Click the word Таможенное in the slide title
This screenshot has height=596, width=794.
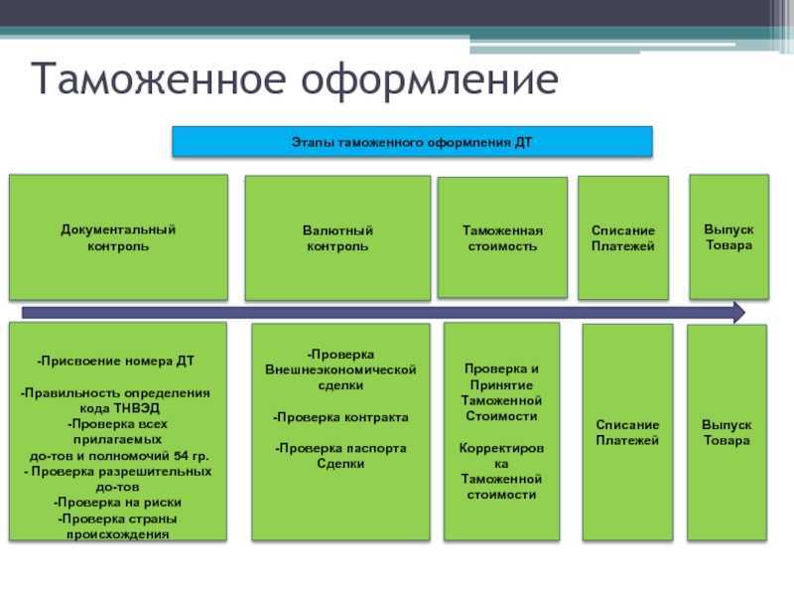pos(158,78)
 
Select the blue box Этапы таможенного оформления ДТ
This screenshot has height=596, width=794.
pos(412,142)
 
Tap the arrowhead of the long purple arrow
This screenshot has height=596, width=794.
pos(739,312)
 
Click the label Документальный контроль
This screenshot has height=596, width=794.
pos(118,237)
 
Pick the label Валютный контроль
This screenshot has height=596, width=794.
pos(337,238)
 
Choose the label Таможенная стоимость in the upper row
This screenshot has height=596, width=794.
pos(502,238)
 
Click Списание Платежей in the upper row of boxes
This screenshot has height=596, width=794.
pos(623,238)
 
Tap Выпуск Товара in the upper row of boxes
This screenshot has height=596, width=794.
pos(729,237)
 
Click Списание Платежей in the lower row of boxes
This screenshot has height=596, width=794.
pos(627,432)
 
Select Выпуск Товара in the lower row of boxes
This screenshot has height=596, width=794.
pos(727,432)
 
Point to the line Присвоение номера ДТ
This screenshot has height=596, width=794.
pos(115,361)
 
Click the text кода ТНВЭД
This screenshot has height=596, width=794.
pos(119,408)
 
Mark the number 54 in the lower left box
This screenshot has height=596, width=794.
pos(181,456)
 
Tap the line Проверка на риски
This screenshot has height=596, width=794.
pos(117,503)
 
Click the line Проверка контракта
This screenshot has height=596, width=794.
pos(340,417)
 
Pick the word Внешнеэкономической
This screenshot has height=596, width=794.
pos(340,370)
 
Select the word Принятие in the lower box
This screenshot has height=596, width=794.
pos(501,385)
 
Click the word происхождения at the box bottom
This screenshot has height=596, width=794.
pos(117,534)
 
